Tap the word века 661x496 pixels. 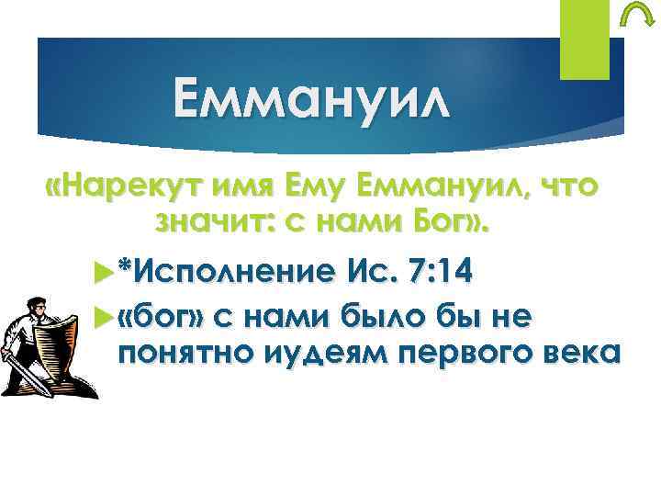[x=563, y=353]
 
